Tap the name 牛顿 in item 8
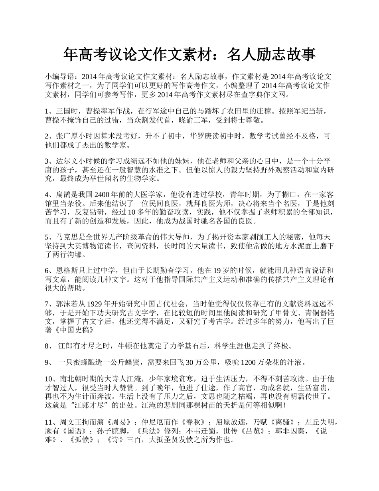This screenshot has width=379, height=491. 122,346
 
